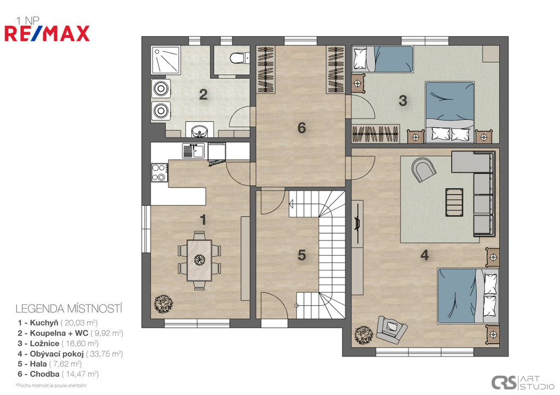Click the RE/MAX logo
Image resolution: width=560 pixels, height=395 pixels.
click(47, 33)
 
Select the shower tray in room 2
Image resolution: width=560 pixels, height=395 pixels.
click(166, 60)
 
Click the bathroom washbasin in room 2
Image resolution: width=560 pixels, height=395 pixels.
click(200, 131)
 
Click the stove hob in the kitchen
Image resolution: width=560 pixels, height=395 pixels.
click(159, 172)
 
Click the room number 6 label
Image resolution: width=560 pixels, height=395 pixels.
click(302, 128)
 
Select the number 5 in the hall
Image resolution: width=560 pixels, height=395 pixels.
click(302, 255)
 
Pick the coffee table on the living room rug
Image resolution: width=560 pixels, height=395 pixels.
click(454, 202)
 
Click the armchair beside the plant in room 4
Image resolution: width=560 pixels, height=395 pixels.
click(392, 328)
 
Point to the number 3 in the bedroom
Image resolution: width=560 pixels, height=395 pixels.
click(403, 101)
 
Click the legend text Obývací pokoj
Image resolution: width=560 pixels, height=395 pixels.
click(57, 353)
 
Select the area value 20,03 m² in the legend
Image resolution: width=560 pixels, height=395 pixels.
click(79, 323)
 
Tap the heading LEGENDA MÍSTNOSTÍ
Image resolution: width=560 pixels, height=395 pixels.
click(69, 309)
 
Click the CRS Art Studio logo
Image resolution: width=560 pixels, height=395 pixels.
click(522, 382)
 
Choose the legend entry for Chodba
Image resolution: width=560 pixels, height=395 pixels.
click(58, 374)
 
